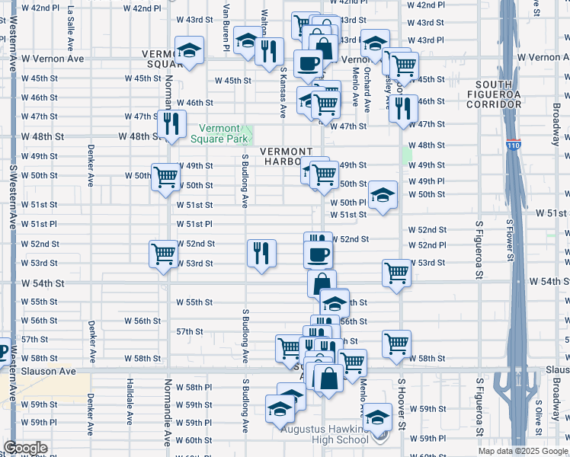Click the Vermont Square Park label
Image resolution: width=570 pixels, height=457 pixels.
coord(225,133)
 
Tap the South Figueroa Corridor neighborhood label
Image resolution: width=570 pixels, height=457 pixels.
coord(504,94)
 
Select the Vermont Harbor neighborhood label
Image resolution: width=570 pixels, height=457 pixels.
coord(288,156)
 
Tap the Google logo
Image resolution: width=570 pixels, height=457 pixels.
coord(25,448)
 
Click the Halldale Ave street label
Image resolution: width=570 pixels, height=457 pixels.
coord(130,399)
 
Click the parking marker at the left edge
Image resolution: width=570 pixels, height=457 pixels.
coord(3,352)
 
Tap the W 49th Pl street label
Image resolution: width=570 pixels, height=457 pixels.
coord(426,181)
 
